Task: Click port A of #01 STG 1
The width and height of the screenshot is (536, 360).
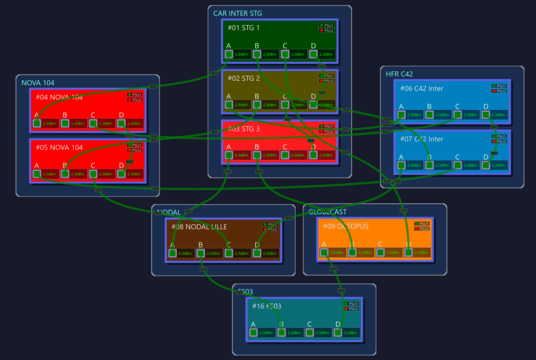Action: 229,54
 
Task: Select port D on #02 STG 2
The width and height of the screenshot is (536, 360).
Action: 314,104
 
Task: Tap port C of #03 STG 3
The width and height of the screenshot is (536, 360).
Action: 285,155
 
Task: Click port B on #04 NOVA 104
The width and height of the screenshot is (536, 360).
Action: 65,123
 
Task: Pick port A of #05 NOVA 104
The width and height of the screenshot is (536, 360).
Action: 36,174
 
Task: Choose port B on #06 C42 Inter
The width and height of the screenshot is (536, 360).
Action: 429,115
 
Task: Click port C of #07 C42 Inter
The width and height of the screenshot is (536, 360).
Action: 457,165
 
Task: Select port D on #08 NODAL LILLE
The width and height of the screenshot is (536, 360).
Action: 257,253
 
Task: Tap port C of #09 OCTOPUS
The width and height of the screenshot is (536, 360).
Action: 381,252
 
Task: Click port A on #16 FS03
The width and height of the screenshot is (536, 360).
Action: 253,332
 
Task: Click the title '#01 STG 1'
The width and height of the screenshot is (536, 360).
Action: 243,27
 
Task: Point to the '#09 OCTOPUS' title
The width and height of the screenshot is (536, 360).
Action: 346,226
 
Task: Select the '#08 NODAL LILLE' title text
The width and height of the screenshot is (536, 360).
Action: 199,227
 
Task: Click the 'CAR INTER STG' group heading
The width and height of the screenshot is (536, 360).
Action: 237,13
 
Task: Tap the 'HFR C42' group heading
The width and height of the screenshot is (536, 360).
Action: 399,74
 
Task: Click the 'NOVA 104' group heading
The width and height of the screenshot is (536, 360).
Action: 38,82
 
